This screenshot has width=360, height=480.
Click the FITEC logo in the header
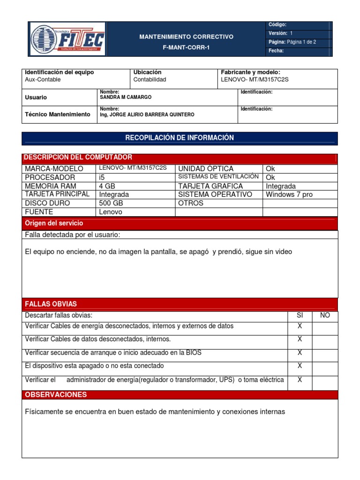pyautogui.click(x=68, y=39)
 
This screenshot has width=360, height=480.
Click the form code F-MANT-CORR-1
pyautogui.click(x=186, y=47)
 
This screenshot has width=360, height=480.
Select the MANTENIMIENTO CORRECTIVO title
pyautogui.click(x=186, y=37)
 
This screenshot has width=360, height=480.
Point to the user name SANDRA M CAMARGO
pyautogui.click(x=126, y=97)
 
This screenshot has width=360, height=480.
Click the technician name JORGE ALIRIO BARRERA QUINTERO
pyautogui.click(x=147, y=114)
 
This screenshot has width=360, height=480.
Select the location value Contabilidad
pyautogui.click(x=150, y=80)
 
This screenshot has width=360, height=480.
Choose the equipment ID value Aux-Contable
pyautogui.click(x=43, y=80)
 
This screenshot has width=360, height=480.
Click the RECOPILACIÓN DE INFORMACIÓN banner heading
pyautogui.click(x=180, y=138)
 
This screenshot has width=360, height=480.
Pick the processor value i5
pyautogui.click(x=102, y=177)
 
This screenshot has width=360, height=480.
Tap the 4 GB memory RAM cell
pyautogui.click(x=107, y=186)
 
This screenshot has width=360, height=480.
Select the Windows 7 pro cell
pyautogui.click(x=289, y=195)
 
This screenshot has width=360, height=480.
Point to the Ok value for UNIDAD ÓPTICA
pyautogui.click(x=270, y=169)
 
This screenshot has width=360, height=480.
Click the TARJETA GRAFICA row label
pyautogui.click(x=210, y=186)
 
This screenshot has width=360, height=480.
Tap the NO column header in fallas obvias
pyautogui.click(x=325, y=315)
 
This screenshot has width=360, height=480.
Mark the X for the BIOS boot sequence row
pyautogui.click(x=300, y=352)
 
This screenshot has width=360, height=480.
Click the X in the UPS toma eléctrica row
pyautogui.click(x=300, y=380)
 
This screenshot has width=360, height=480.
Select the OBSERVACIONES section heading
pyautogui.click(x=56, y=395)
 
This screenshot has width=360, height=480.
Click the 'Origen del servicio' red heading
pyautogui.click(x=54, y=223)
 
